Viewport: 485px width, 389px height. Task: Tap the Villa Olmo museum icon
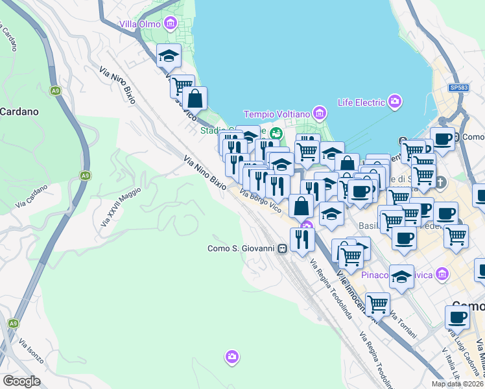[171, 25]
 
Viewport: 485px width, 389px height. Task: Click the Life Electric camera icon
[395, 101]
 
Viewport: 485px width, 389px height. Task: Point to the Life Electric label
[361, 102]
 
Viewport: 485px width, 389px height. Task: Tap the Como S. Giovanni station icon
[282, 248]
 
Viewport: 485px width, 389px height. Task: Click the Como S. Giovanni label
[241, 248]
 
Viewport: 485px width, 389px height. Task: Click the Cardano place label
[19, 112]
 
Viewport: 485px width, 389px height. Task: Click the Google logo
[21, 381]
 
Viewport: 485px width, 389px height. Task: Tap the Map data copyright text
[457, 384]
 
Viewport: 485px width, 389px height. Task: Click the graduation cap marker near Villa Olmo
[169, 56]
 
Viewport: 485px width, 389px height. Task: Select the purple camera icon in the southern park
[232, 357]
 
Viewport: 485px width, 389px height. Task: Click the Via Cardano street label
[32, 196]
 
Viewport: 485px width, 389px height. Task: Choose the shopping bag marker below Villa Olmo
[195, 99]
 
